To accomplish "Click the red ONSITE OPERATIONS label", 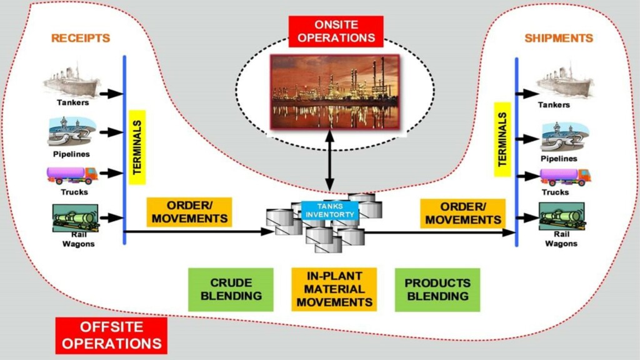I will pyautogui.click(x=336, y=31).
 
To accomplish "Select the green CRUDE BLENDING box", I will pyautogui.click(x=231, y=289).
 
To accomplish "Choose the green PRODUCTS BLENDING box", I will pyautogui.click(x=437, y=289).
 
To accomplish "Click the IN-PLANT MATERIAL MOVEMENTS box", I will pyautogui.click(x=334, y=289).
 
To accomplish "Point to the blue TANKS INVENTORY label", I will pyautogui.click(x=330, y=210).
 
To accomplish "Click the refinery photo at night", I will pyautogui.click(x=334, y=92).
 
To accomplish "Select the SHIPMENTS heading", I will pyautogui.click(x=559, y=39).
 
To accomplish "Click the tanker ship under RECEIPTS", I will pyautogui.click(x=72, y=79).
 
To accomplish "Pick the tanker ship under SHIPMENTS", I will pyautogui.click(x=565, y=82).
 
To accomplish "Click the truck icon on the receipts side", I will pyautogui.click(x=72, y=175).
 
